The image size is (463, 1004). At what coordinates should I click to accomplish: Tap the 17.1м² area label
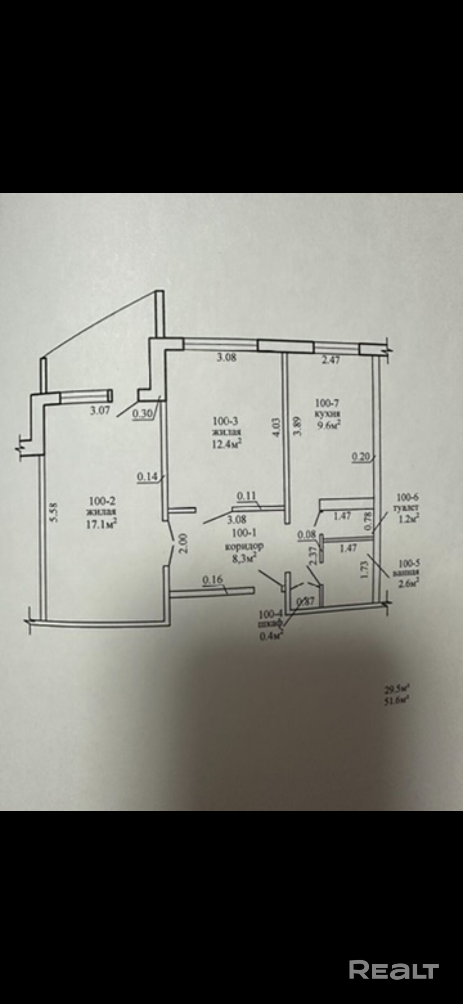[102, 524]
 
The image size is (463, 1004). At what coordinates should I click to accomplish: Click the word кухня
[328, 414]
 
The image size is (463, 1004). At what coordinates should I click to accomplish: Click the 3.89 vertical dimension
[298, 426]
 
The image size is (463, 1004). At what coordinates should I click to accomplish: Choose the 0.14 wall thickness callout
[147, 476]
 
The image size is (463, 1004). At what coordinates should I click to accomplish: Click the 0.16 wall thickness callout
[212, 579]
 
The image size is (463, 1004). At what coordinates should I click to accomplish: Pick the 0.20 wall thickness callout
[361, 456]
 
